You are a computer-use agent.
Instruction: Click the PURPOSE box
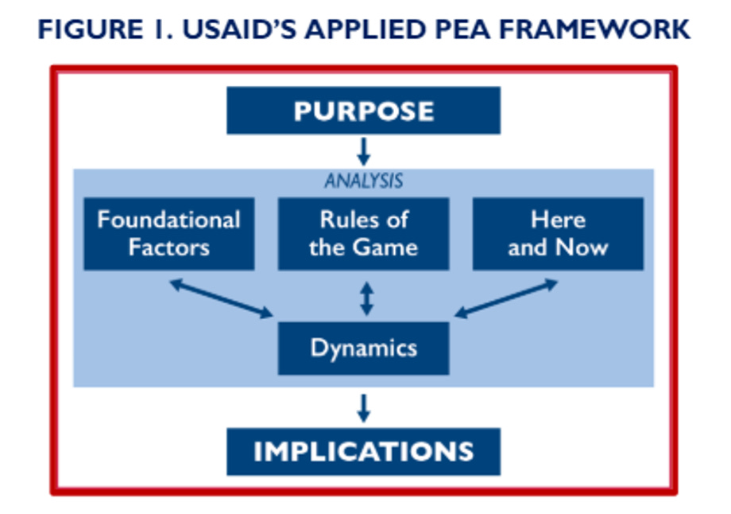[363, 111]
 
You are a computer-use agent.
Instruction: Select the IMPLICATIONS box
[363, 451]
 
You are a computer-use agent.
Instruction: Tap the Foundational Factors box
[168, 233]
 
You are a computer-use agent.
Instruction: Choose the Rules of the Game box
[363, 233]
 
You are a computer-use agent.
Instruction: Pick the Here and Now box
[558, 233]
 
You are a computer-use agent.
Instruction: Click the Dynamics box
[363, 348]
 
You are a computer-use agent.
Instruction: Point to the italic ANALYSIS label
[363, 181]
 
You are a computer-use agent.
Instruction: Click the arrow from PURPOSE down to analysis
[363, 151]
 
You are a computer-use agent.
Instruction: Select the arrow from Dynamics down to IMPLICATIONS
[363, 407]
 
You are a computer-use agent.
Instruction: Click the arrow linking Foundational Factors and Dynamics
[221, 298]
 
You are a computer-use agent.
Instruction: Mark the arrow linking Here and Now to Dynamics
[506, 298]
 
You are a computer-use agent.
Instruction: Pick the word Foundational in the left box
[168, 220]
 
